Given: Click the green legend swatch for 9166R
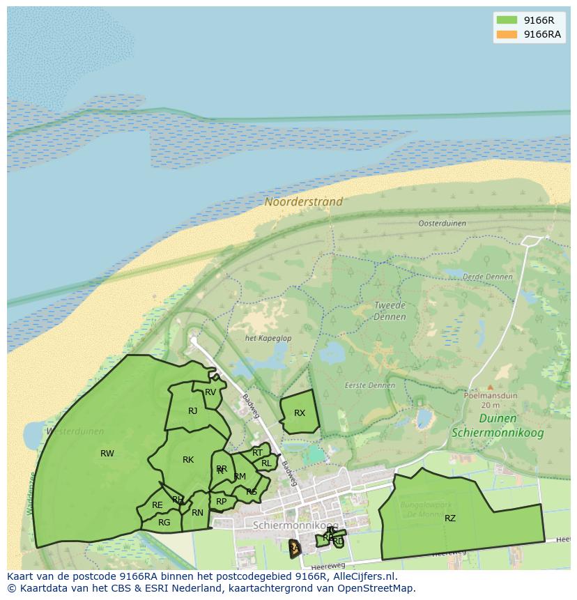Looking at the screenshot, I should tap(506, 20).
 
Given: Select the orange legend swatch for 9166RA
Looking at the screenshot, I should tap(506, 35).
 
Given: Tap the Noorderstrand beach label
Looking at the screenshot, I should tap(303, 202).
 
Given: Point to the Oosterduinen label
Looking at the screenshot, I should tap(442, 224).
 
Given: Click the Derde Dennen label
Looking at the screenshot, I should tap(487, 277).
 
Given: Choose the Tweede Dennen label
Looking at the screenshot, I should tap(390, 311).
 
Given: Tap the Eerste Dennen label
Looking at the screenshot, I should tap(369, 385).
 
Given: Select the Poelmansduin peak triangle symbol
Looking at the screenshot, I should tap(490, 387).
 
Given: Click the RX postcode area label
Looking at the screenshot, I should tap(300, 413).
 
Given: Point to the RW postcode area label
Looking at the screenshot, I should tap(107, 454).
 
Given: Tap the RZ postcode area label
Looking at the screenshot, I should tap(450, 518).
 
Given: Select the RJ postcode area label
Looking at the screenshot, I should tap(193, 411).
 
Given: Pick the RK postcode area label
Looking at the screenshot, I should tap(188, 460).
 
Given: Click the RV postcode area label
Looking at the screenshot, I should tap(210, 392).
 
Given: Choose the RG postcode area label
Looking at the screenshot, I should tap(164, 522).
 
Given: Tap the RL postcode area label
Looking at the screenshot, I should tap(266, 463).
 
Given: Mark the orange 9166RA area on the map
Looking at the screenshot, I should tap(295, 548).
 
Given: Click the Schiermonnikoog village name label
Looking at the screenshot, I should tap(295, 525).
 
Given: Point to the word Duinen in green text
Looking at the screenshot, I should tap(498, 419).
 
